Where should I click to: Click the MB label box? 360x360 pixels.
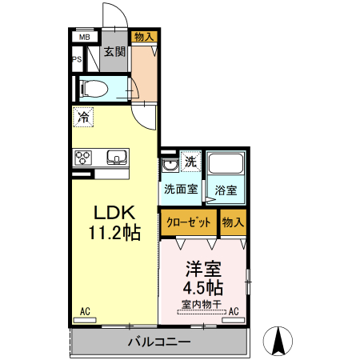(83, 37)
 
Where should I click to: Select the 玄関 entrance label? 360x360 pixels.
(114, 53)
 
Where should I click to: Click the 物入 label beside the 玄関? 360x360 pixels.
(145, 37)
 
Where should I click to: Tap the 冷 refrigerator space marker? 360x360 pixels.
(83, 117)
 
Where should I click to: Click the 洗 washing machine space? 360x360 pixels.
(190, 162)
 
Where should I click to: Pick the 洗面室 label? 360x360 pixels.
(180, 190)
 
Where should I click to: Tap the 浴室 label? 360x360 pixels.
(226, 190)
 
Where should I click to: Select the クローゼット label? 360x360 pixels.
(189, 222)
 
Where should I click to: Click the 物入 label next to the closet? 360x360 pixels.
(233, 222)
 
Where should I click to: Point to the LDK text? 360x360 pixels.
(117, 213)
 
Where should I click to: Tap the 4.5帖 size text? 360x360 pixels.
(204, 287)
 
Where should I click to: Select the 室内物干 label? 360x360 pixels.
(202, 303)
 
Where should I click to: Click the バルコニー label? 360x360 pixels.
(158, 342)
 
